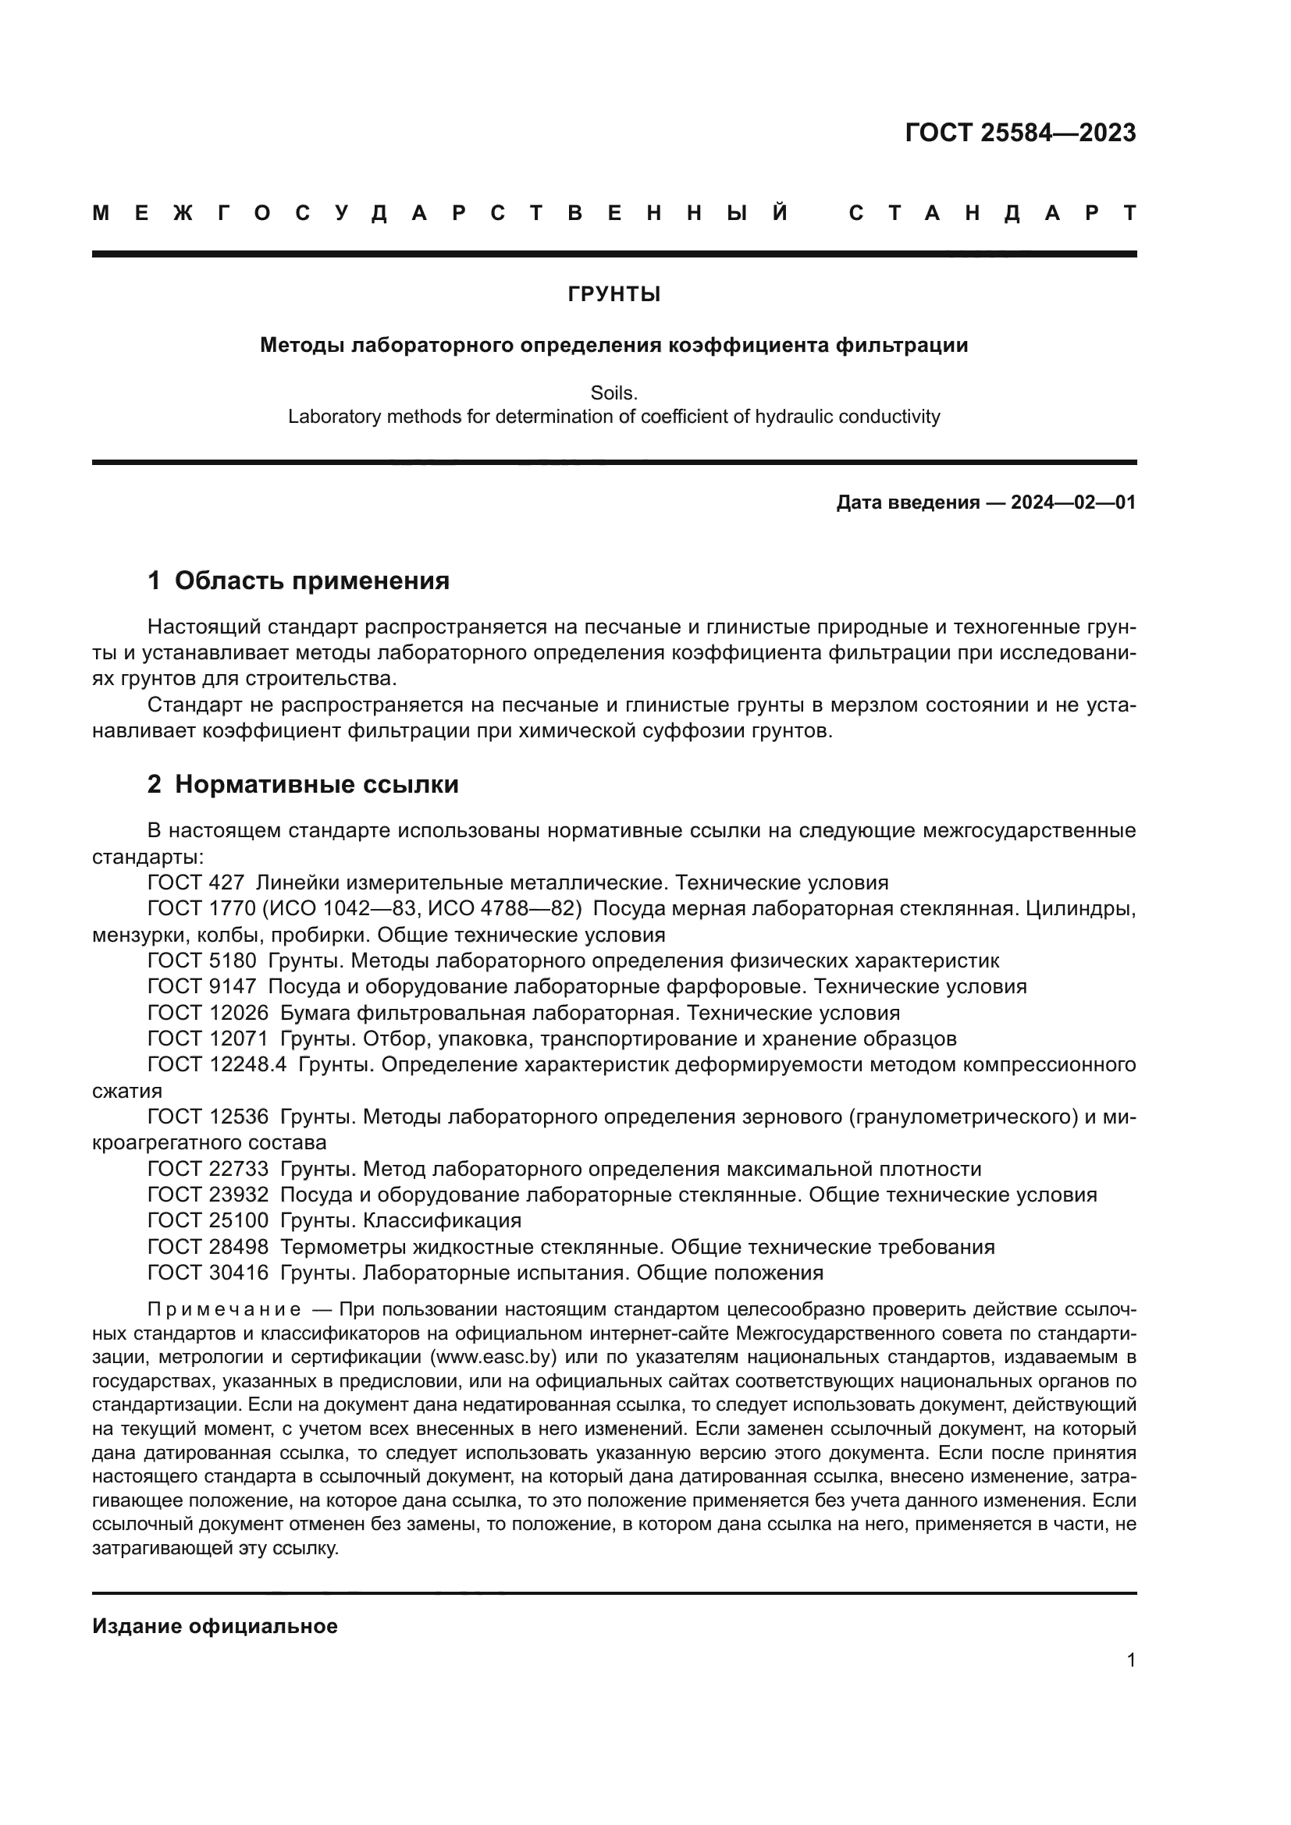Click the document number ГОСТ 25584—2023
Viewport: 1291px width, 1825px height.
tap(1020, 133)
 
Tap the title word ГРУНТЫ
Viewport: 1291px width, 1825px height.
tap(613, 295)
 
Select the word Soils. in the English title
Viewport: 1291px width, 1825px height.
tap(613, 393)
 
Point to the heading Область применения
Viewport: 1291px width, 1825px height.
tap(311, 581)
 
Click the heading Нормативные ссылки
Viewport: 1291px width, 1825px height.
tap(316, 784)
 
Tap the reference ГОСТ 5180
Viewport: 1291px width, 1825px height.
tap(202, 961)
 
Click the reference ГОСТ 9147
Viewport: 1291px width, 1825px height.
tap(202, 987)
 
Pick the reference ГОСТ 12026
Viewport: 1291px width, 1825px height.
tap(208, 1014)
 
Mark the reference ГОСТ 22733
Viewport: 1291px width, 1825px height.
tap(208, 1170)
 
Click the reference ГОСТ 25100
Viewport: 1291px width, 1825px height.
tap(208, 1221)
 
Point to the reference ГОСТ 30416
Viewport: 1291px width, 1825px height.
tap(208, 1273)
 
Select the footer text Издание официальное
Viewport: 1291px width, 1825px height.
tap(215, 1626)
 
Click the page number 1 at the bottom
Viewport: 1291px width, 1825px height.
tap(1130, 1660)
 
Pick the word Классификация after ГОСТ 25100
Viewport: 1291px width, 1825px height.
tap(442, 1221)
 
